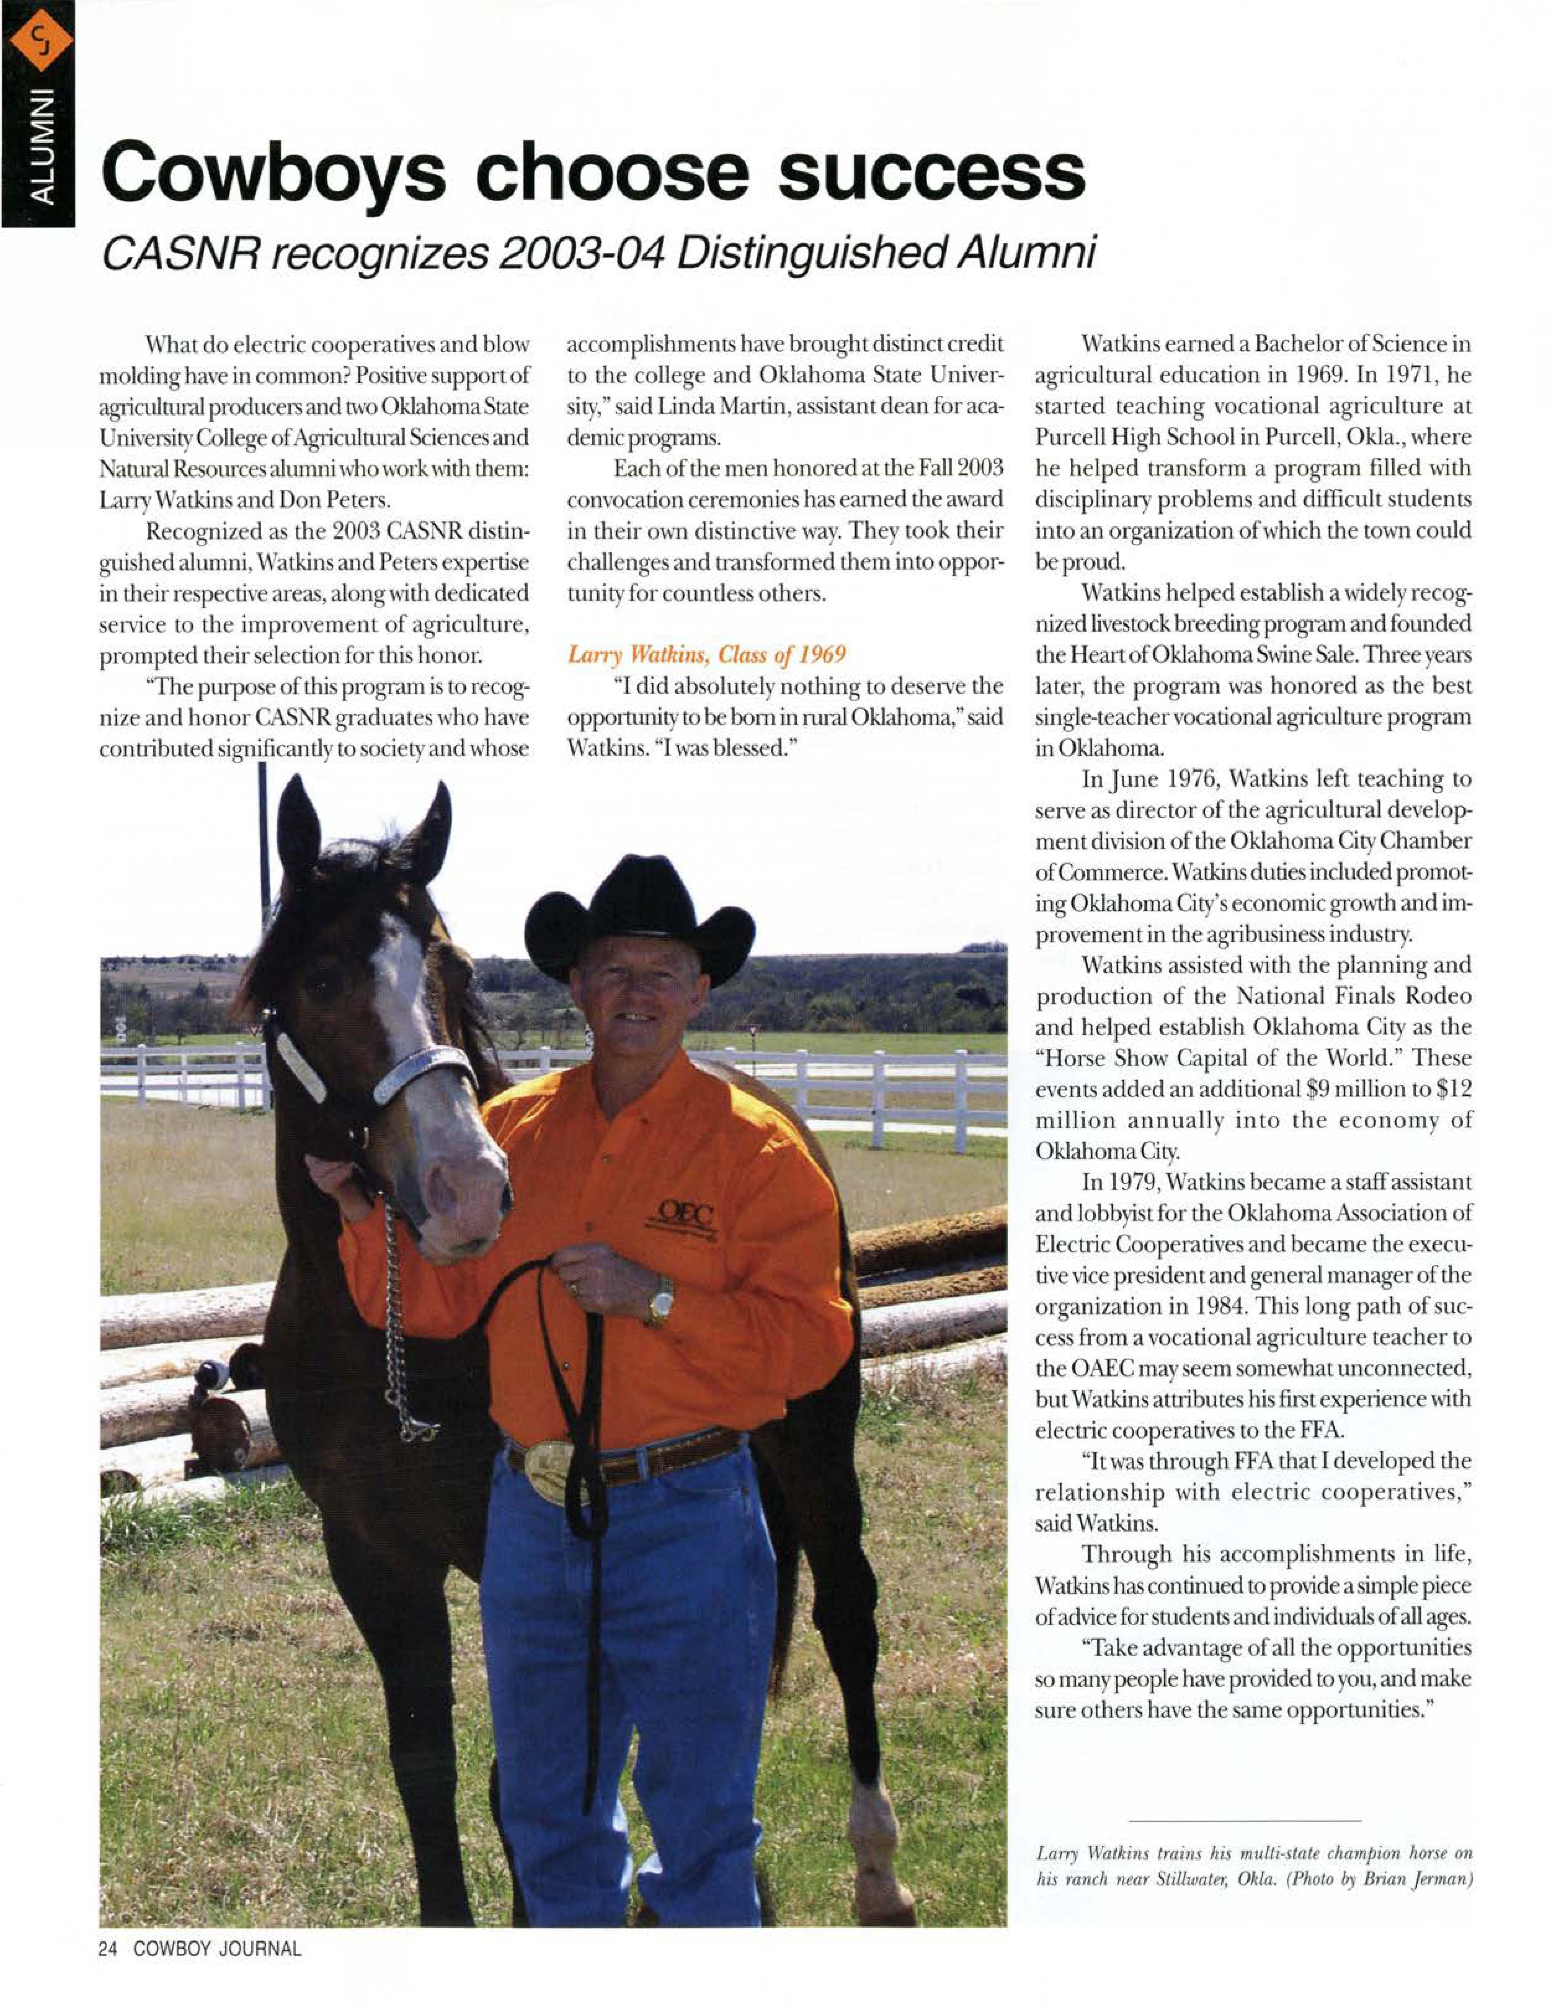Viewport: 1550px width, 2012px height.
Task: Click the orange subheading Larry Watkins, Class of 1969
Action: pos(706,655)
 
